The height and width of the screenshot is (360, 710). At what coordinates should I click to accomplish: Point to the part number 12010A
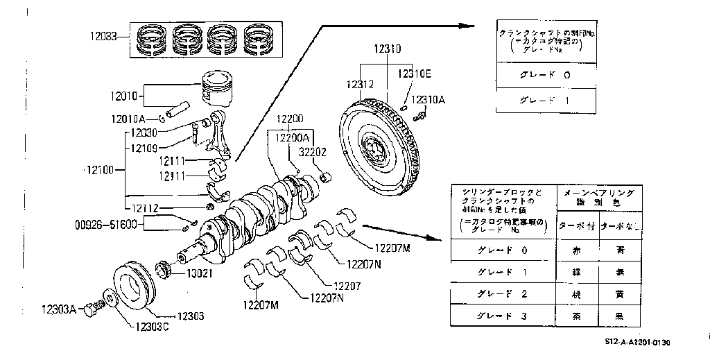pyautogui.click(x=127, y=119)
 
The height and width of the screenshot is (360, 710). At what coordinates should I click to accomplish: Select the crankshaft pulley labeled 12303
pyautogui.click(x=135, y=284)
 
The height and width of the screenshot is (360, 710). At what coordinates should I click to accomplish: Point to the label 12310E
pyautogui.click(x=414, y=73)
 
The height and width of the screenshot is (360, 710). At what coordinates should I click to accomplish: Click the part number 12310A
pyautogui.click(x=428, y=99)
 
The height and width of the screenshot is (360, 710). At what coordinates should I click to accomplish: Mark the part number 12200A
pyautogui.click(x=291, y=139)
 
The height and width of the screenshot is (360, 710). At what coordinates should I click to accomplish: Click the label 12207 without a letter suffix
pyautogui.click(x=347, y=285)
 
